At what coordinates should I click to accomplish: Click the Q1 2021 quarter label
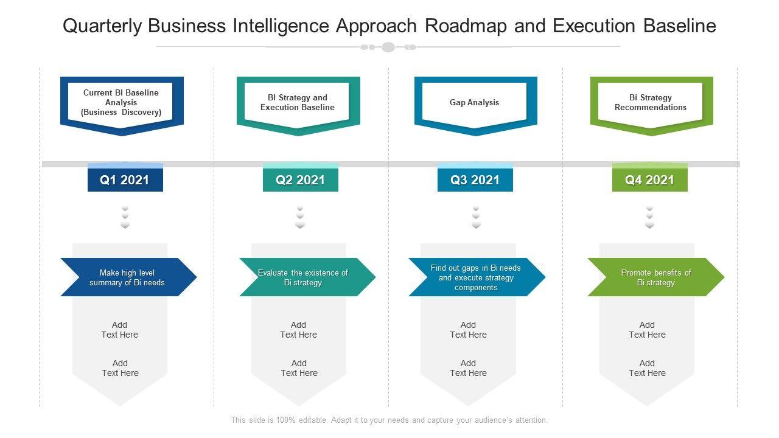[125, 180]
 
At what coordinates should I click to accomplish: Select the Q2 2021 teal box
[300, 180]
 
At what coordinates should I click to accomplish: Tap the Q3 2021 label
[475, 180]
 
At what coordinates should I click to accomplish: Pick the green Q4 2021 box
[649, 180]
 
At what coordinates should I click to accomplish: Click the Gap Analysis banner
[475, 103]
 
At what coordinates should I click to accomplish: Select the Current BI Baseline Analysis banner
[121, 103]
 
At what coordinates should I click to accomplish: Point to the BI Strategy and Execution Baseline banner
[298, 103]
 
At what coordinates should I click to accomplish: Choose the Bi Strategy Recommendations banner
[651, 103]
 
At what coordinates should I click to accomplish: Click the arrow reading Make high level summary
[128, 277]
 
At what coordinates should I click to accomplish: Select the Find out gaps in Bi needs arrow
[476, 277]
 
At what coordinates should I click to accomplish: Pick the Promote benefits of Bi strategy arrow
[655, 277]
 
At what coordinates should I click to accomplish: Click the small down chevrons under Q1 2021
[125, 217]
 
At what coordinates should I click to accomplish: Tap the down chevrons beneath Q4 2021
[649, 217]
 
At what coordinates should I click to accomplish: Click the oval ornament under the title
[388, 47]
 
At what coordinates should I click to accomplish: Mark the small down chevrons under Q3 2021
[476, 217]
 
